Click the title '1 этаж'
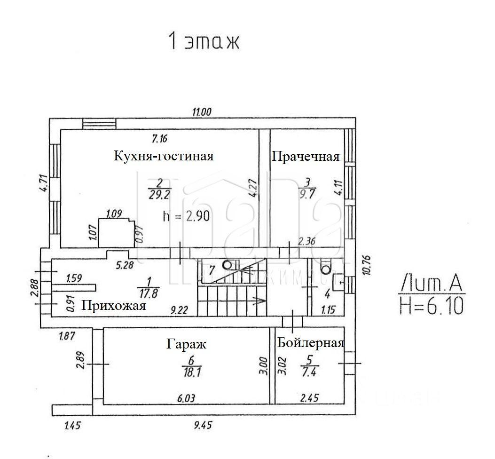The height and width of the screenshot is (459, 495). point(204,41)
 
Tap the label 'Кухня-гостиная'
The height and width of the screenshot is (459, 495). point(164,156)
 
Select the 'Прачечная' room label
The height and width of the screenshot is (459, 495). point(306,157)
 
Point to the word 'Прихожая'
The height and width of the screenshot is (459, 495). point(113,306)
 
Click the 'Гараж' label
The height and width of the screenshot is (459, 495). point(186,344)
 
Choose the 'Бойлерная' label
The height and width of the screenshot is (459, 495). point(310,343)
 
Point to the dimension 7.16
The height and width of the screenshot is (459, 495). point(160,139)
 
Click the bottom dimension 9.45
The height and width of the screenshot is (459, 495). point(203,426)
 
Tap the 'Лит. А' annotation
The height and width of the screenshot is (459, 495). point(432,284)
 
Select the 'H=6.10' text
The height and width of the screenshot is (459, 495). point(432,306)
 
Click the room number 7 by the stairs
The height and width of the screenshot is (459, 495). point(212,270)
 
